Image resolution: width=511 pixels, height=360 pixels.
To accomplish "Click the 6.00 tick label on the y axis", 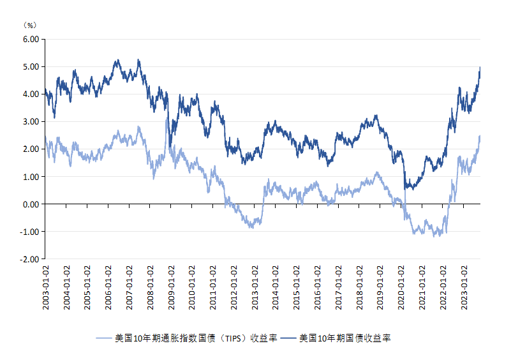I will tap(31, 39).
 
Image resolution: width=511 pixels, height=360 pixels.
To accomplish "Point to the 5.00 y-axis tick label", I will tap(31, 66).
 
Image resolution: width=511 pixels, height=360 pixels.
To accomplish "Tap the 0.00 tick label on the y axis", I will tap(31, 204).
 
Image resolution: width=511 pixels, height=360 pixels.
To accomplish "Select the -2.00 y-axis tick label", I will tap(30, 259).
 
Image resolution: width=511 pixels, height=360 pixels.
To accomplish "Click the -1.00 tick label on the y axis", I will tap(30, 232).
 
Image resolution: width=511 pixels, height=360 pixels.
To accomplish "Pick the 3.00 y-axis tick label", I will tap(31, 121).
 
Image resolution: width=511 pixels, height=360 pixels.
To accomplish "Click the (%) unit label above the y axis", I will tap(30, 25).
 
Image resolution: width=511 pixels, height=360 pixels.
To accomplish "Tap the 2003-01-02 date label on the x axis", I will tap(46, 287).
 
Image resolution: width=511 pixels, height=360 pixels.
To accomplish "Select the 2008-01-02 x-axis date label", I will tap(150, 287).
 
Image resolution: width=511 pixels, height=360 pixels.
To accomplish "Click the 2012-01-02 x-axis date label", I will tap(233, 287).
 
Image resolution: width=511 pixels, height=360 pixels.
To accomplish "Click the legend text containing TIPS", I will tap(195, 338).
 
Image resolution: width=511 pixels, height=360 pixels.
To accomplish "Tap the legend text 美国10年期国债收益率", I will tap(344, 338).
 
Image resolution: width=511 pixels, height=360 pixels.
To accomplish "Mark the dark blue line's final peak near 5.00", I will tap(480, 67).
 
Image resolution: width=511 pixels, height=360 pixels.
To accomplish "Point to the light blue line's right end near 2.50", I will tap(480, 136).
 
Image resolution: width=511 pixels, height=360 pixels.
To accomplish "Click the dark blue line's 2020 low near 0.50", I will tap(406, 189).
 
